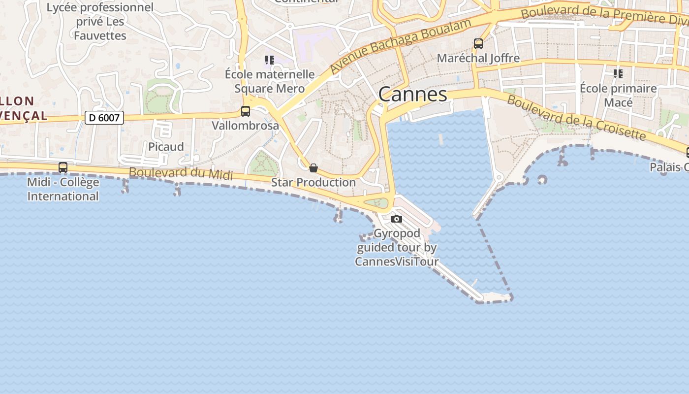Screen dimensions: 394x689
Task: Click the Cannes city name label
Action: [x=412, y=94]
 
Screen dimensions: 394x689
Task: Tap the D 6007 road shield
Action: [x=104, y=118]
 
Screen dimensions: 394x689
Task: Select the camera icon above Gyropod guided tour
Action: [x=397, y=219]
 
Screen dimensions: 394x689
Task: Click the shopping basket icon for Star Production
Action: [x=313, y=168]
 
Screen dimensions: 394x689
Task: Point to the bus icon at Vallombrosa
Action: [x=246, y=111]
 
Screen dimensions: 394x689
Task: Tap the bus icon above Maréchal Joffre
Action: [x=478, y=43]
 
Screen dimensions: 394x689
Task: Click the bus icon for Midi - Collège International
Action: [x=63, y=167]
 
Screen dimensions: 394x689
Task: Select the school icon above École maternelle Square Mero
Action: [x=269, y=60]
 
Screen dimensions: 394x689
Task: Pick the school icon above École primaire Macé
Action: [x=618, y=74]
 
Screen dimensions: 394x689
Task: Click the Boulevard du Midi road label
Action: [x=181, y=172]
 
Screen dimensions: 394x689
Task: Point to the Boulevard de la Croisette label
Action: [x=576, y=117]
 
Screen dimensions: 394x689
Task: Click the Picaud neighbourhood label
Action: [x=166, y=147]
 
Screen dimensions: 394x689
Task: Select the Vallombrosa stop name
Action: [x=245, y=126]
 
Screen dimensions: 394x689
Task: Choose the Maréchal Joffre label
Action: [x=478, y=58]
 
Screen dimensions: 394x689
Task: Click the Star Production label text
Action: [x=313, y=182]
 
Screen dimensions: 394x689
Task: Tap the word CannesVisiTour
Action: [x=397, y=261]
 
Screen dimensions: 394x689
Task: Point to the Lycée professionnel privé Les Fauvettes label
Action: [x=100, y=21]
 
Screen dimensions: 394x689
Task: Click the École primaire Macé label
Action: [x=618, y=96]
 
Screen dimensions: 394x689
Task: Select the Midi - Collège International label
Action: [x=63, y=189]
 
